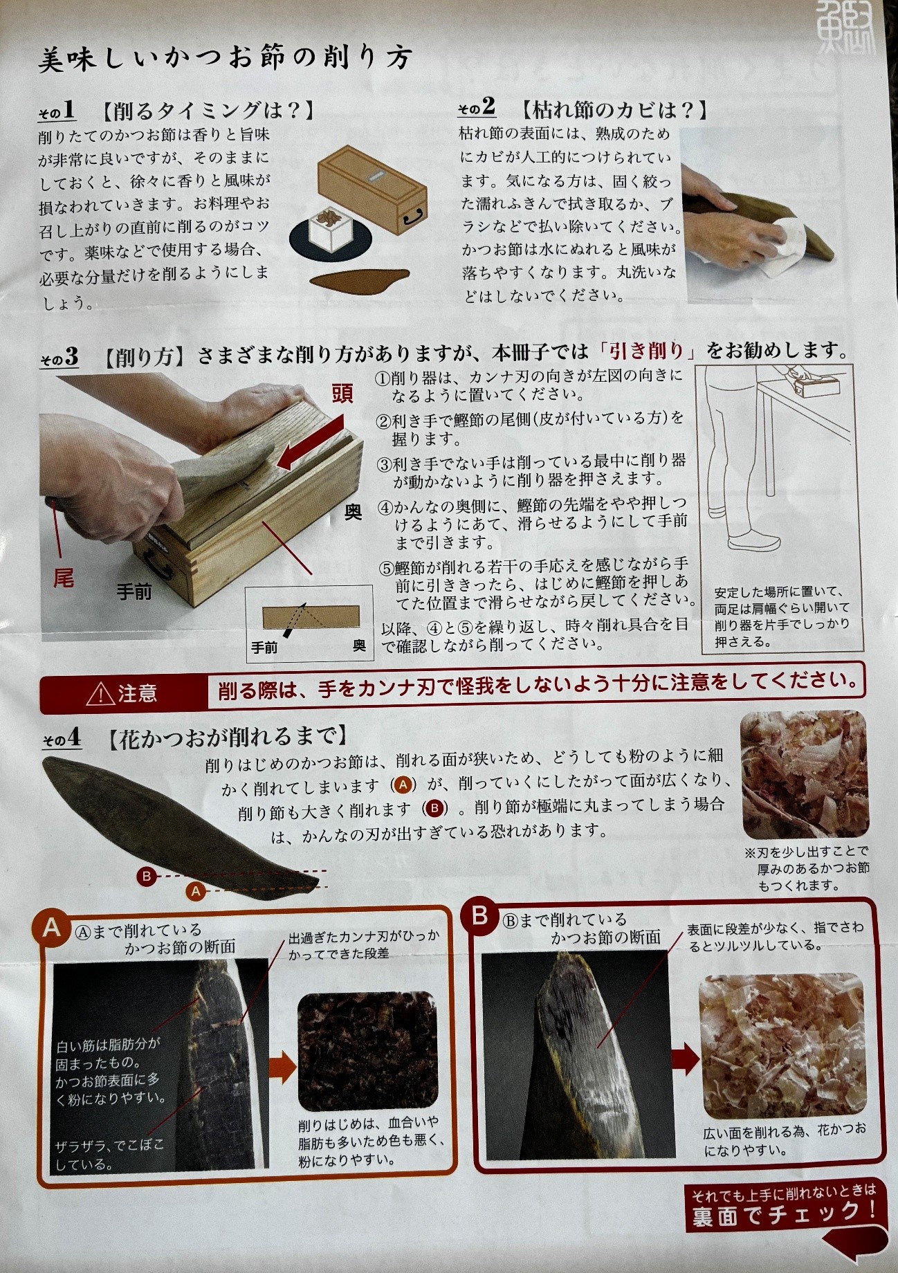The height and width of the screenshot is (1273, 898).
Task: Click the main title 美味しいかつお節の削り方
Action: click(226, 59)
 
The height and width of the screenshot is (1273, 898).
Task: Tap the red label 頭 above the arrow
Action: click(342, 394)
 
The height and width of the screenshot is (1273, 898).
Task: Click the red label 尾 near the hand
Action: click(64, 578)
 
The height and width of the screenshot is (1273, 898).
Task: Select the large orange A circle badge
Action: click(52, 926)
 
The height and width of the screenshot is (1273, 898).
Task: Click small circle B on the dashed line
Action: click(146, 876)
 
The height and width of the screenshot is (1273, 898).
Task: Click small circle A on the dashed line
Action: click(196, 892)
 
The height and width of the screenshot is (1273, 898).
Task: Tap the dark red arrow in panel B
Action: click(684, 1059)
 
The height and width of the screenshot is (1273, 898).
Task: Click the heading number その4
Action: click(62, 739)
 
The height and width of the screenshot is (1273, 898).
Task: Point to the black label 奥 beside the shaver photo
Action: click(353, 512)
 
